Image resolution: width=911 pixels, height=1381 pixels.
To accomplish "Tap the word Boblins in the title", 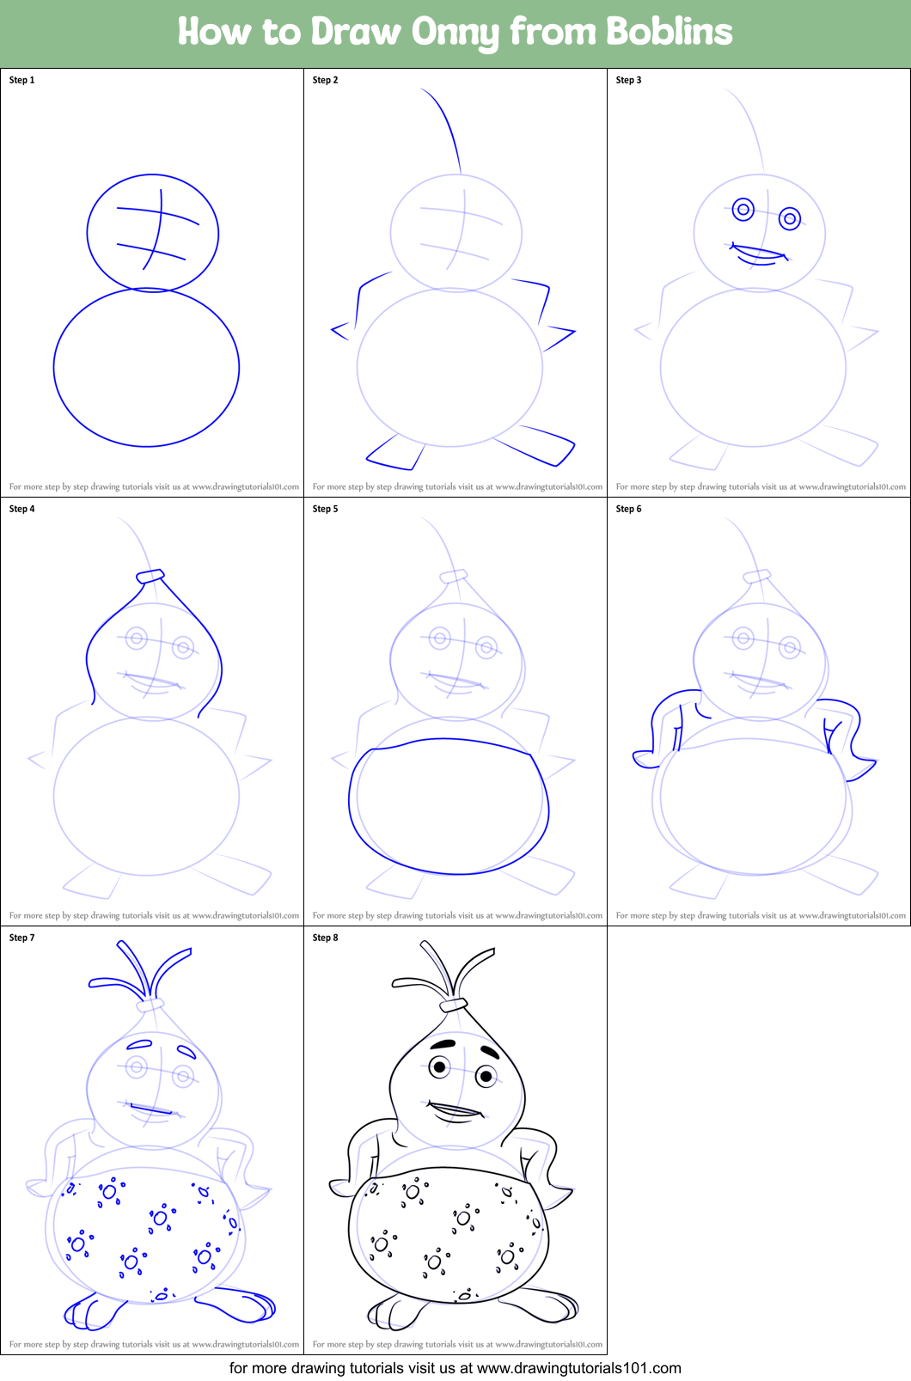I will tap(669, 32).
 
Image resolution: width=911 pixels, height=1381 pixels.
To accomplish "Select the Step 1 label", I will tap(21, 80).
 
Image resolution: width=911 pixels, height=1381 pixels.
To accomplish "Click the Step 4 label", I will tap(21, 509).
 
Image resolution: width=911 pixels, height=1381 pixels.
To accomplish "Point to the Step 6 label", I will tap(628, 509).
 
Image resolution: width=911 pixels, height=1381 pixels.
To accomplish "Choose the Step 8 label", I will tap(325, 938).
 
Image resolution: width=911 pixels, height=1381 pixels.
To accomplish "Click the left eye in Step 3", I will tap(743, 209).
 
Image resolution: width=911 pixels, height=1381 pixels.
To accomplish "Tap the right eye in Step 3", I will tap(790, 219).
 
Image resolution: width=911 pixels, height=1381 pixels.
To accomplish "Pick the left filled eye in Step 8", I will tap(440, 1067).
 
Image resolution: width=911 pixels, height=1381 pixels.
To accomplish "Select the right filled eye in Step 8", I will tap(486, 1075).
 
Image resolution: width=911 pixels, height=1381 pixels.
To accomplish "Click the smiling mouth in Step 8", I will tap(455, 1110).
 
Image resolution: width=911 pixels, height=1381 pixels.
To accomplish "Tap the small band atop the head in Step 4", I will tap(150, 576).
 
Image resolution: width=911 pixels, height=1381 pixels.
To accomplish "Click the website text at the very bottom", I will tap(455, 1368).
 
